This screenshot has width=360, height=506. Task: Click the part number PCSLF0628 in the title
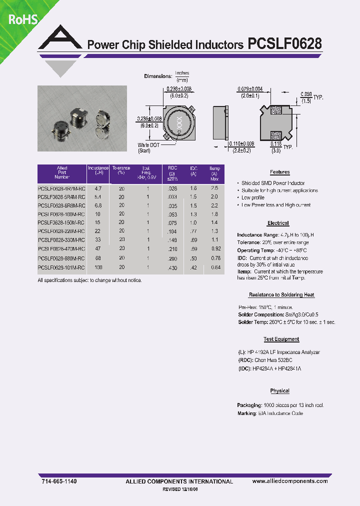pyautogui.click(x=284, y=44)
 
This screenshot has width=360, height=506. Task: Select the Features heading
pyautogui.click(x=280, y=172)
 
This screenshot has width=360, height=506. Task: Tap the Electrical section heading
pyautogui.click(x=278, y=223)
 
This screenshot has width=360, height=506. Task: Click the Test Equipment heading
pyautogui.click(x=281, y=339)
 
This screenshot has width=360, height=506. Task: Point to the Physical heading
pyautogui.click(x=280, y=390)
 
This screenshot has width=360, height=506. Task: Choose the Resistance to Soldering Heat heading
pyautogui.click(x=281, y=295)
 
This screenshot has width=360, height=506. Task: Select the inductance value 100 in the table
pyautogui.click(x=98, y=267)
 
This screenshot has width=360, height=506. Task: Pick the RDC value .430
pyautogui.click(x=172, y=268)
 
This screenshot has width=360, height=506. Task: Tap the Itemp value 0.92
pyautogui.click(x=215, y=248)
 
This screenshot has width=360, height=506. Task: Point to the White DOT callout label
pyautogui.click(x=149, y=145)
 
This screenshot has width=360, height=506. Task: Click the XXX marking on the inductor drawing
pyautogui.click(x=178, y=121)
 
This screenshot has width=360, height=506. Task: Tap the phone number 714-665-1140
pyautogui.click(x=58, y=481)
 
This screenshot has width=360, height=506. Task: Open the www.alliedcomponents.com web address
pyautogui.click(x=290, y=481)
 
